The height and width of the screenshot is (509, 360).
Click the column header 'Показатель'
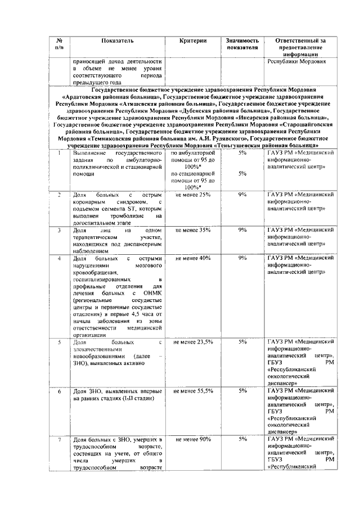point(118,41)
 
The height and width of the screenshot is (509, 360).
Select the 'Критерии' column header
point(193,41)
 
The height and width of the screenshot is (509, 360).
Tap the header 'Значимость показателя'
point(242,44)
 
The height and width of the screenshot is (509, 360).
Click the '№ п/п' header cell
point(60,44)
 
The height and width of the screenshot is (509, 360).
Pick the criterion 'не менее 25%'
point(193,195)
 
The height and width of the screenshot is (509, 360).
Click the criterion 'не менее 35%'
point(193,230)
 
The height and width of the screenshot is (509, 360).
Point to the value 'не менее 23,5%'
point(193,342)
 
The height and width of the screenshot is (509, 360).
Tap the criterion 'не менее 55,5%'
point(193,390)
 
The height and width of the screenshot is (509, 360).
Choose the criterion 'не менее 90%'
point(193,439)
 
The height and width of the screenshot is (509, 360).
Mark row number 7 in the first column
point(60,439)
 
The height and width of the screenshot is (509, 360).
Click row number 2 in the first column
point(60,195)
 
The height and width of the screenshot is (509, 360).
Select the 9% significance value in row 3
point(242,230)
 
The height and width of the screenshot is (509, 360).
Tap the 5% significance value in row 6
point(242,390)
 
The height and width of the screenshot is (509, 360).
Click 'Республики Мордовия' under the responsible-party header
point(292,61)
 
